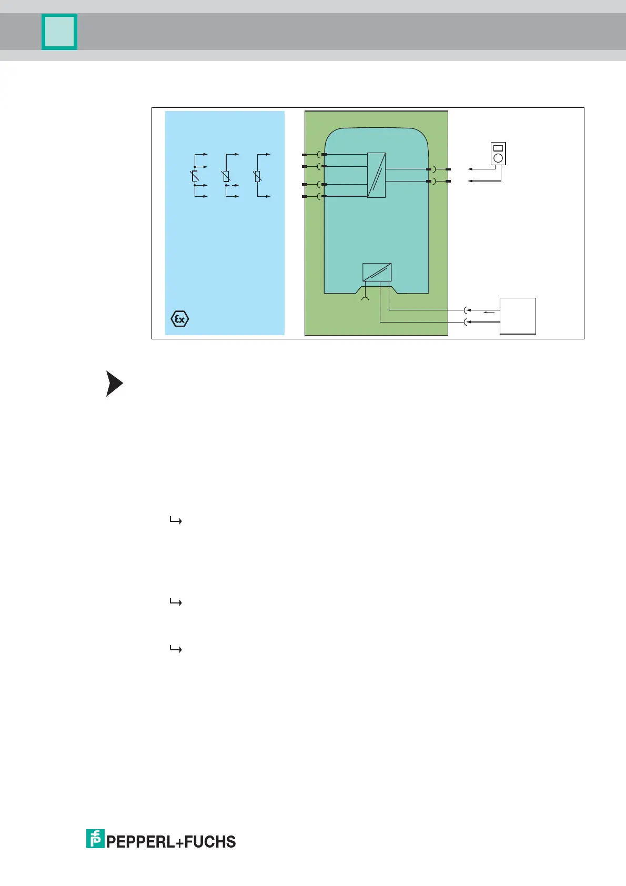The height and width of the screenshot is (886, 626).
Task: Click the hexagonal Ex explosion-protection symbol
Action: point(180,319)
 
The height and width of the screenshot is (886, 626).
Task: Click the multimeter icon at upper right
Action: point(498,153)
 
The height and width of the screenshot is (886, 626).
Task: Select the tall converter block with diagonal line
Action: point(376,175)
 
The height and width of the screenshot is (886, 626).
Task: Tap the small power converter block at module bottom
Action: point(377,272)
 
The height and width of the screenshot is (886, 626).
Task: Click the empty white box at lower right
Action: point(518,316)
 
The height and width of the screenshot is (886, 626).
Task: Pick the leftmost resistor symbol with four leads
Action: point(195,176)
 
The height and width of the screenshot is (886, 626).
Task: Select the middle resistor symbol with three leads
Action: point(226,176)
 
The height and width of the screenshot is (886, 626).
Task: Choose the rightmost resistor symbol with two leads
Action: point(258,176)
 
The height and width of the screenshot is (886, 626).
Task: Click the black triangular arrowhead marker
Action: point(114,384)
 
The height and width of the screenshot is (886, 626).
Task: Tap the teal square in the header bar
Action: point(59,32)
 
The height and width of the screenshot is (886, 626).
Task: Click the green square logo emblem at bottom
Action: point(95,839)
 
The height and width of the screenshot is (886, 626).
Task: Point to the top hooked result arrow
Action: point(176,521)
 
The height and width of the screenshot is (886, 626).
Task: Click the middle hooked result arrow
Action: point(176,602)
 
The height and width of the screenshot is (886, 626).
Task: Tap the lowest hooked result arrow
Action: point(176,649)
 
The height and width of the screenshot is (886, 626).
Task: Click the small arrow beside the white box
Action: point(489,313)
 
